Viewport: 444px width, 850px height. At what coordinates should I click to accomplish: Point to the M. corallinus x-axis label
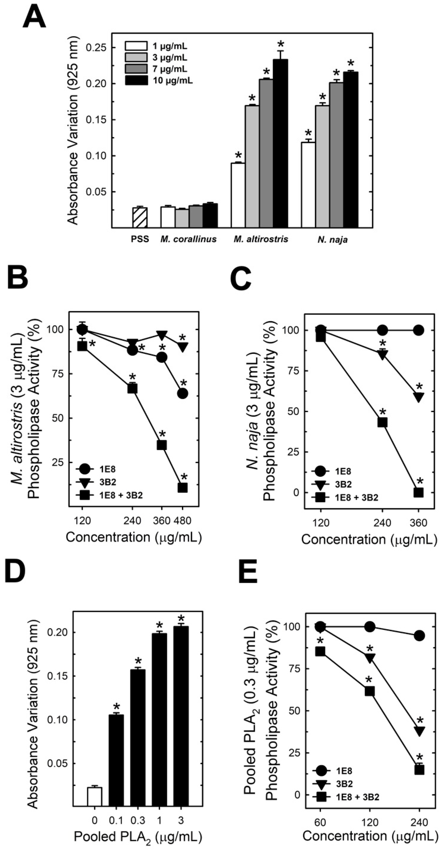pyautogui.click(x=189, y=239)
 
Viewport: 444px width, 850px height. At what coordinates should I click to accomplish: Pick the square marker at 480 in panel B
pyautogui.click(x=183, y=488)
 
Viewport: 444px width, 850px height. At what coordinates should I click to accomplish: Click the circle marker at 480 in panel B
pyautogui.click(x=183, y=393)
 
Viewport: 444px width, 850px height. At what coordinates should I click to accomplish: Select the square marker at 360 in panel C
pyautogui.click(x=418, y=493)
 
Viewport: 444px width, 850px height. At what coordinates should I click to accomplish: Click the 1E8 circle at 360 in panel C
pyautogui.click(x=418, y=330)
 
